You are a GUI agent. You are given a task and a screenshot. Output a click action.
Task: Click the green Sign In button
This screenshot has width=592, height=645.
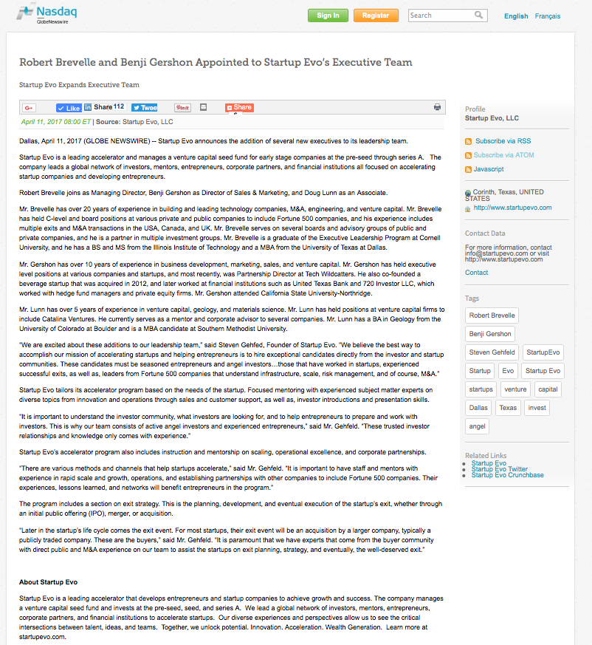(328, 16)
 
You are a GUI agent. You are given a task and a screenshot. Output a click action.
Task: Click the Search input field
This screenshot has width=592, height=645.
(441, 15)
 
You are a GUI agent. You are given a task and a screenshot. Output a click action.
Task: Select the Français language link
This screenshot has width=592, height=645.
(547, 16)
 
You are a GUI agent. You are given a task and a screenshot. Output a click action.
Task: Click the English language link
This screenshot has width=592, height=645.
(516, 16)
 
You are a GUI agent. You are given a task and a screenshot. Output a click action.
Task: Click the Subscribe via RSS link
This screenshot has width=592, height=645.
(503, 141)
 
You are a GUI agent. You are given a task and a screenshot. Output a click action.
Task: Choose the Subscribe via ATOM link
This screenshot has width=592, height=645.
(504, 155)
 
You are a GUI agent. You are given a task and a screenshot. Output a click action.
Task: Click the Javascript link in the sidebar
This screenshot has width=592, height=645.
(489, 169)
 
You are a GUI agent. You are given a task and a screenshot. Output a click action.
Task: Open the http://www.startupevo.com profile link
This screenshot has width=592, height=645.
(512, 208)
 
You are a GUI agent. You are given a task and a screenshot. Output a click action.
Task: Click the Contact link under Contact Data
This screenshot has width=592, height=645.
(476, 273)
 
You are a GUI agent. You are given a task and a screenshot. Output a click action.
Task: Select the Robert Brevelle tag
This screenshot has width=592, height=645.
(492, 315)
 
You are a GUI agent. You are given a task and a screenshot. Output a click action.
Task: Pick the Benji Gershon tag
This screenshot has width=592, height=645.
(489, 334)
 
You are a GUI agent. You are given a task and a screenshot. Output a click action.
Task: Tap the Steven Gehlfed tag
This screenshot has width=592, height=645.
(492, 352)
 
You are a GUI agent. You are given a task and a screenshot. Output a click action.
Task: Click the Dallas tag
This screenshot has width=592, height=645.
(478, 408)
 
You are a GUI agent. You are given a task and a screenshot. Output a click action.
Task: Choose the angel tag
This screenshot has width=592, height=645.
(477, 426)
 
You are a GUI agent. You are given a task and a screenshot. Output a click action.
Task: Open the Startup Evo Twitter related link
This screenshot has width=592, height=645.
(499, 469)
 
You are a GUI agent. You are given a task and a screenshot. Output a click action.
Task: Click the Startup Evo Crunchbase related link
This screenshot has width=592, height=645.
(507, 475)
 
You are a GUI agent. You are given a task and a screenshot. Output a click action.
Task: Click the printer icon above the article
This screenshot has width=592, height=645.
(437, 107)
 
